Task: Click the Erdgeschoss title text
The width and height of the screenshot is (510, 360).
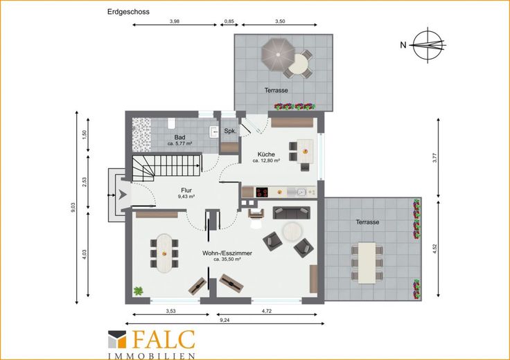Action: point(128,12)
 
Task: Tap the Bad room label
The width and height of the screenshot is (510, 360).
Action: point(179,138)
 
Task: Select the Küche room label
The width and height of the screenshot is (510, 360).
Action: point(266,154)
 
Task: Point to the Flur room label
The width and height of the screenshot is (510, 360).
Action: point(186,190)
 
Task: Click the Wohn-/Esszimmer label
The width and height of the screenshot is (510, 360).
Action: point(227,253)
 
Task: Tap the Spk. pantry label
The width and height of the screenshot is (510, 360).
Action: point(230,132)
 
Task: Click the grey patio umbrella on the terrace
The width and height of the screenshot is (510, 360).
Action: point(278,54)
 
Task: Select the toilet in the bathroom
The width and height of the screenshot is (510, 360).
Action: point(171,123)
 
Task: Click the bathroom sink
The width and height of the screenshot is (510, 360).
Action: point(213,132)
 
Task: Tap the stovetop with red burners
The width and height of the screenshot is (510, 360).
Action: point(262,192)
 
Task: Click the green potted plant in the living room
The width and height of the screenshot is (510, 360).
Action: point(139,291)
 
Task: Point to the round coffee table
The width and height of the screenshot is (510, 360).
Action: point(292,231)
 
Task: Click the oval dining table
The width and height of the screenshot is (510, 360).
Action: point(164,253)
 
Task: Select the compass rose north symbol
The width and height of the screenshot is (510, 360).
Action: point(428,45)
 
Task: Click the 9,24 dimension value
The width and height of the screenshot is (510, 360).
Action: point(225,320)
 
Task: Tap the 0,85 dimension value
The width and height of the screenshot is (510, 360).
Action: point(229,21)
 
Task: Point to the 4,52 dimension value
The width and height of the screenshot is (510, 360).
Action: point(435,249)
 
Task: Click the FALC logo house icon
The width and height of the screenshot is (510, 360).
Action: point(117,339)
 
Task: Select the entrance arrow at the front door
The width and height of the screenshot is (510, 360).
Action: point(122,195)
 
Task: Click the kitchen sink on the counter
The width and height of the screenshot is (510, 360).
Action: point(301,192)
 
